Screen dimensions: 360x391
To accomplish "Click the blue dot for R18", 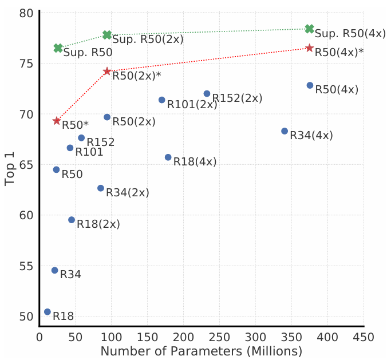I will (x=48, y=312).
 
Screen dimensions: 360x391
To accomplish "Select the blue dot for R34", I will (x=55, y=270).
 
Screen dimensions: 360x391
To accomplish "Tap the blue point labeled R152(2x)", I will (x=207, y=93).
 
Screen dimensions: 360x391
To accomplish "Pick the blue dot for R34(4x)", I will (x=285, y=131).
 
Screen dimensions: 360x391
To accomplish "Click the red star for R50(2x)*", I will (x=107, y=72).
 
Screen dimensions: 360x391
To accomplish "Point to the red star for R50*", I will (x=57, y=121).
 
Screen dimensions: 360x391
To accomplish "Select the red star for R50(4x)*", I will (x=310, y=48).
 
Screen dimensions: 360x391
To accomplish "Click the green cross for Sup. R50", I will (x=58, y=48).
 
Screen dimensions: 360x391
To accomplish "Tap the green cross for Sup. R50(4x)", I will (x=310, y=29).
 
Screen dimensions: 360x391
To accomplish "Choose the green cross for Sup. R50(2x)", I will (x=107, y=35).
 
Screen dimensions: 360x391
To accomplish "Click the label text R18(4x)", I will (x=195, y=162).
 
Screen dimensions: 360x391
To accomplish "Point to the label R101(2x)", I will (x=188, y=105).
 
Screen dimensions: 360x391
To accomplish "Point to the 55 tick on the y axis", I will (x=26, y=266).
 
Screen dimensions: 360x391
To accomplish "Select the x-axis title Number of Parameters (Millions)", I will (x=202, y=351).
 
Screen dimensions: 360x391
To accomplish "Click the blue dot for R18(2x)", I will (x=72, y=220).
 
